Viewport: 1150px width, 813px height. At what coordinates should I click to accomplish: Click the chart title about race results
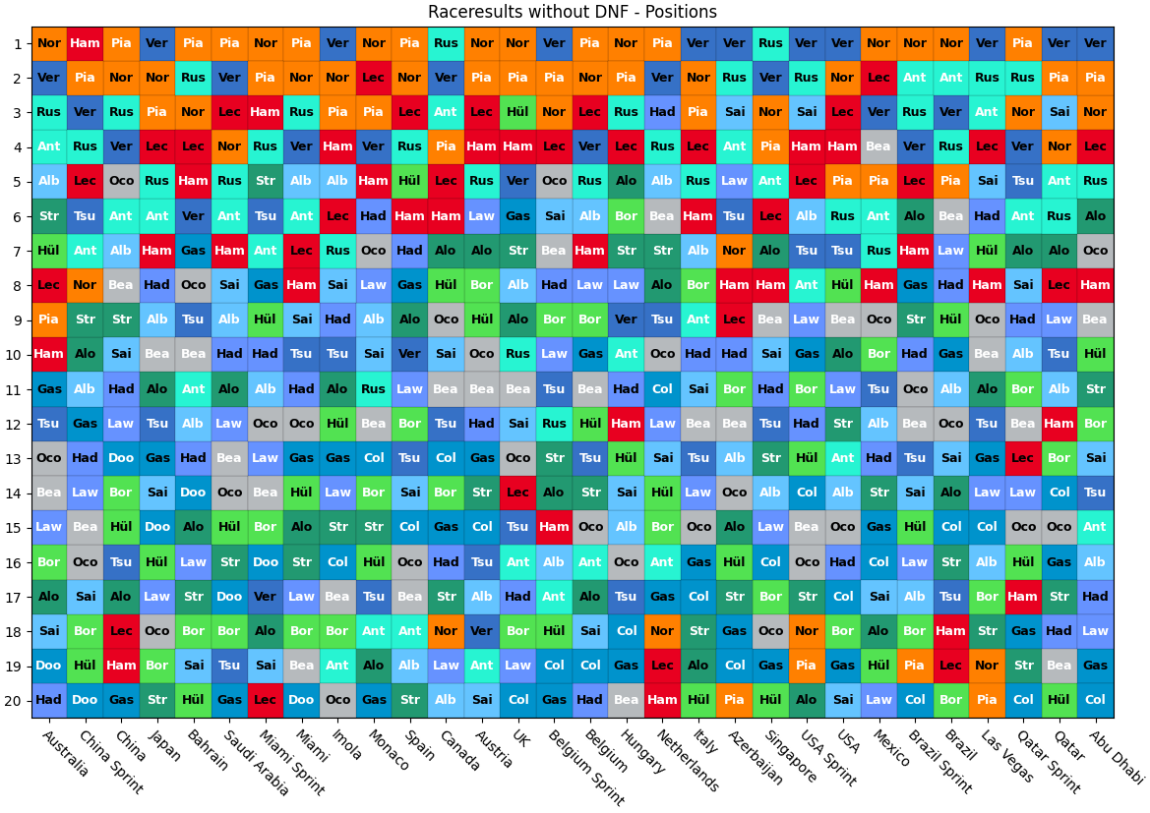(x=572, y=12)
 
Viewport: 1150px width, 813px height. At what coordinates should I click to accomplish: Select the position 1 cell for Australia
(x=49, y=43)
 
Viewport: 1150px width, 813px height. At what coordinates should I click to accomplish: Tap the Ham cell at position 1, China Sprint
(x=85, y=43)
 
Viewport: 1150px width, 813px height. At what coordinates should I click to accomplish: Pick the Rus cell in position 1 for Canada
(x=446, y=43)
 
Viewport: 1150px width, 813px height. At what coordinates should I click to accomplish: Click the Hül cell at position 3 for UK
(x=517, y=112)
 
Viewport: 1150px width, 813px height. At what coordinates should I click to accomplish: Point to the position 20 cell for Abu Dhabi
(x=1095, y=700)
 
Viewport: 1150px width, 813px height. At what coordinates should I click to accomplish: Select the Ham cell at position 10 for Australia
(x=49, y=354)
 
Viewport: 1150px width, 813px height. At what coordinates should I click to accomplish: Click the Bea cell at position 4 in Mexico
(x=878, y=146)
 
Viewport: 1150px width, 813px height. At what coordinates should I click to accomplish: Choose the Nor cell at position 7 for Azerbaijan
(x=734, y=251)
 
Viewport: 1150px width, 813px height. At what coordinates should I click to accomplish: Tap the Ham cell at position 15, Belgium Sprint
(x=554, y=527)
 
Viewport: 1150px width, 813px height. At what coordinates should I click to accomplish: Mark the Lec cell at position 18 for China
(x=121, y=630)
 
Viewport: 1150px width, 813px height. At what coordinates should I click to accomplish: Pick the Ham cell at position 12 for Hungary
(x=626, y=424)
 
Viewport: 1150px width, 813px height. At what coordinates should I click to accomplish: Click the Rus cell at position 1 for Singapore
(x=770, y=43)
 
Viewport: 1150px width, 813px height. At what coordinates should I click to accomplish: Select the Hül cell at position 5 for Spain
(x=409, y=181)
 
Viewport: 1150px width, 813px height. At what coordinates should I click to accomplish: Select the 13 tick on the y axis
(x=18, y=458)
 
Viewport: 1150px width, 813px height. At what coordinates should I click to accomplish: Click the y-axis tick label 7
(x=18, y=251)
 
